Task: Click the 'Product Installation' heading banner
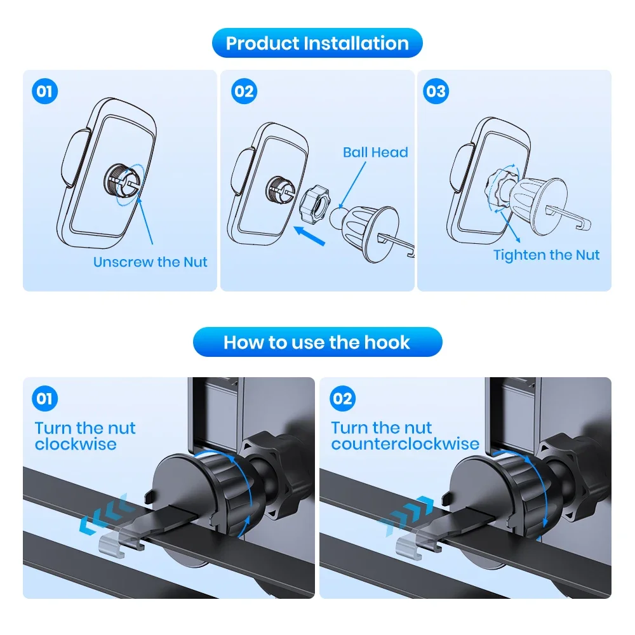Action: pyautogui.click(x=317, y=43)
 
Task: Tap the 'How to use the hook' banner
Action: pyautogui.click(x=317, y=342)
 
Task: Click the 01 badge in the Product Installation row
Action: pyautogui.click(x=44, y=91)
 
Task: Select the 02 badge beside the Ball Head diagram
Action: pyautogui.click(x=244, y=91)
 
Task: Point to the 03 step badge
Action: pyautogui.click(x=436, y=91)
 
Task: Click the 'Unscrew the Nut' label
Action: pyautogui.click(x=150, y=262)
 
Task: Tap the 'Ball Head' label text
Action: pyautogui.click(x=375, y=152)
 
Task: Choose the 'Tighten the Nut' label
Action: pyautogui.click(x=546, y=255)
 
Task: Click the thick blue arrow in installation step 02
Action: pyautogui.click(x=309, y=236)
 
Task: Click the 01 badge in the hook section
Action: pyautogui.click(x=44, y=399)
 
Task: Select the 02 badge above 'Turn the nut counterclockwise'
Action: pyautogui.click(x=343, y=399)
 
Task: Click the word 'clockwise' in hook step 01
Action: pyautogui.click(x=76, y=444)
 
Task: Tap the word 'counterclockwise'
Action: pyautogui.click(x=405, y=444)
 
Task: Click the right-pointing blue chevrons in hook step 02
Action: pyautogui.click(x=406, y=516)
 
